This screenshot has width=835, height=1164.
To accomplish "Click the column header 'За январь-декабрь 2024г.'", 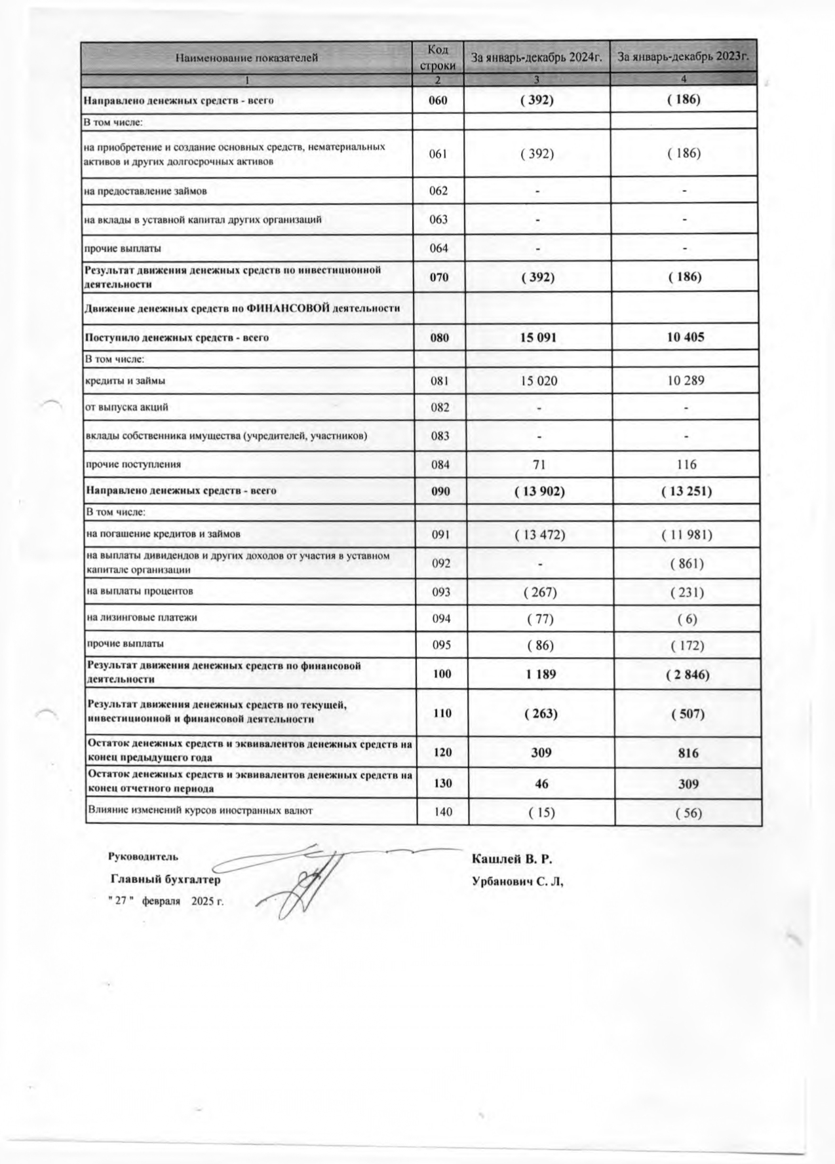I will point(536,58).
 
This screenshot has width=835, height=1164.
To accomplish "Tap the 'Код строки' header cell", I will point(437,58).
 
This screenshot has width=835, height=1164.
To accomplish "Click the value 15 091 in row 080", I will point(538,338).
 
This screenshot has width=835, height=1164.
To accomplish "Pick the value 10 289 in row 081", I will point(686,380).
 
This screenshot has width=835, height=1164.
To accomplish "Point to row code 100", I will point(442,673).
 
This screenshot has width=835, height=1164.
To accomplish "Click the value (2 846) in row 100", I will point(687,674).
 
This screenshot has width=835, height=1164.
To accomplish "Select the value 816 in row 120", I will point(688,753).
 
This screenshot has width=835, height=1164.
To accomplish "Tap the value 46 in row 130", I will point(541,783).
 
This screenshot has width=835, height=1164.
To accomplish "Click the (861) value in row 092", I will point(687,563).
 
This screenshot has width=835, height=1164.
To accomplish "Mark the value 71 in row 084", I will point(539,464).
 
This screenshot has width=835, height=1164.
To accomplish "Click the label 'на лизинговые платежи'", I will point(142,618).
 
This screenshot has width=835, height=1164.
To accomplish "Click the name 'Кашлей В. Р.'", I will point(512,859).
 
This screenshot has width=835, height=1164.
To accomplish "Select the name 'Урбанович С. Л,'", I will point(518,882).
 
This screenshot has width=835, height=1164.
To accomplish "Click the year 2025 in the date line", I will point(203,901).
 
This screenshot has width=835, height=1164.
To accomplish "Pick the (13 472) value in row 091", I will point(540,535).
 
